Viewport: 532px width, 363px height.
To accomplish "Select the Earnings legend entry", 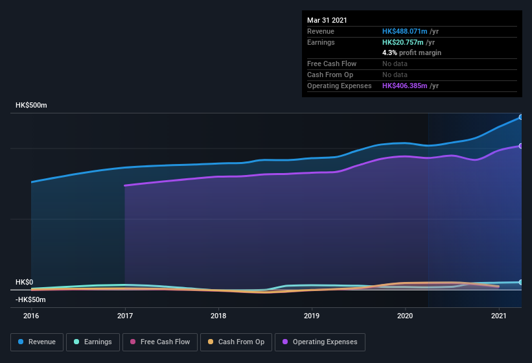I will tap(93, 342).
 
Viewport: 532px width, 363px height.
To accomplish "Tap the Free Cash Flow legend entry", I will tap(159, 342).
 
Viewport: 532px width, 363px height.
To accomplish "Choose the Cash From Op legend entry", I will tap(236, 342).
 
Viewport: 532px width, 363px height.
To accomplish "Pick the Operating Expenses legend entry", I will tap(319, 342).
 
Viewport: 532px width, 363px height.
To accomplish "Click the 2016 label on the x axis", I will tap(31, 316).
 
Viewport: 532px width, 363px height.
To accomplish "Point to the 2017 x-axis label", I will tap(125, 316).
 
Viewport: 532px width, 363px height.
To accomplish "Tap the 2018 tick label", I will tap(218, 316).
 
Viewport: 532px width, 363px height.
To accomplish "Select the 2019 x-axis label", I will tap(312, 316).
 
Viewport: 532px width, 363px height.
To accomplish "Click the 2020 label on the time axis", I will tap(406, 316).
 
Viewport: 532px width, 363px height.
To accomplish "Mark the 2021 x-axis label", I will tap(499, 316).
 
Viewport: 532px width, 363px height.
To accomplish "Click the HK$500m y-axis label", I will tap(31, 105).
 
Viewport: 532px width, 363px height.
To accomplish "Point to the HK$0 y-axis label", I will tap(24, 283).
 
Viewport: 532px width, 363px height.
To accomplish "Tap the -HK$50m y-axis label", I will tap(30, 299).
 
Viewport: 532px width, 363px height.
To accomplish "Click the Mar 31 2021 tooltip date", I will tap(327, 20).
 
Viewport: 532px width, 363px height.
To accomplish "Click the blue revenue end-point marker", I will tap(521, 117).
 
